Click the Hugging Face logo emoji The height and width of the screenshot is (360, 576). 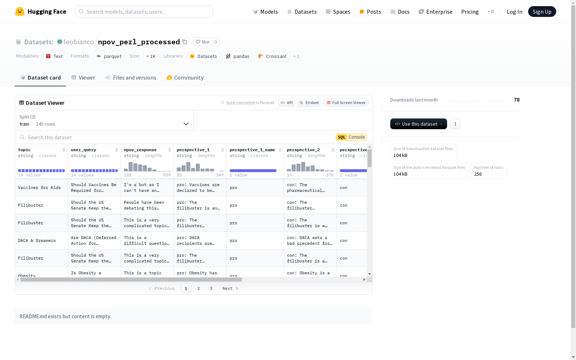coord(20,12)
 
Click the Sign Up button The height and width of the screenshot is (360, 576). coord(542,12)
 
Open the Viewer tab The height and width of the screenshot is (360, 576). coord(83,78)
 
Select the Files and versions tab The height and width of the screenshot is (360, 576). coord(131,78)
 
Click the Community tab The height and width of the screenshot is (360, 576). coord(185,78)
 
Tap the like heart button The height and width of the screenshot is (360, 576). coord(202,42)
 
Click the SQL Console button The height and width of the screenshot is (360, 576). coord(351,137)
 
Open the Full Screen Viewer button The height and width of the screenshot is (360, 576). coord(346,103)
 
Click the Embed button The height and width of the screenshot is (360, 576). coord(309,103)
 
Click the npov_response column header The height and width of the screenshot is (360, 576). coord(140,150)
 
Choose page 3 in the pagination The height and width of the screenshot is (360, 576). coord(211,288)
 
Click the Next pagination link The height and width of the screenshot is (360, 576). coord(230,288)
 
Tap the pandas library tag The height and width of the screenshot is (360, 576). coord(238,56)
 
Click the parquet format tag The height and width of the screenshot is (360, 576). coord(109,56)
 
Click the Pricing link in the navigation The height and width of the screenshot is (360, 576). coord(470,12)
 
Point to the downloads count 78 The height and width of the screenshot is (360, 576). coord(517,100)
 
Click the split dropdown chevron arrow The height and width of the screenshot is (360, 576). coord(186,124)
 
